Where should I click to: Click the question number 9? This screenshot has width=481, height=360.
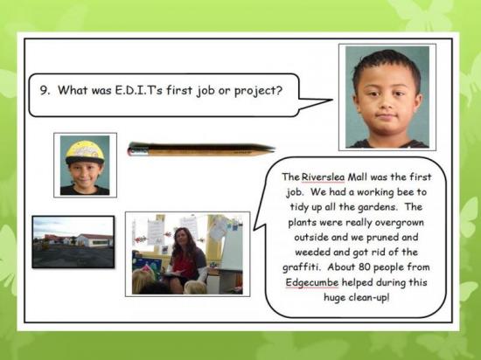tap(45, 90)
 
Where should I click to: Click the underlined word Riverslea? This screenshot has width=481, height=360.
tap(323, 177)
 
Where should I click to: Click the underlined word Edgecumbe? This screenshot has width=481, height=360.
tap(312, 282)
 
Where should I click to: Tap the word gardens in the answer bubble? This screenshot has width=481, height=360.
tap(377, 207)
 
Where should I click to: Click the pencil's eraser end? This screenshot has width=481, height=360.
tap(135, 150)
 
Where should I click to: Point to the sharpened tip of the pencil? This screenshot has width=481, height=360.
tap(272, 149)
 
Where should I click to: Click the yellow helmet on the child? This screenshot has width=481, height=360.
tap(85, 152)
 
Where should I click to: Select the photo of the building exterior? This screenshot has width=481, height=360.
tap(73, 242)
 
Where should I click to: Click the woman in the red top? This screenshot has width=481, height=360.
tap(186, 260)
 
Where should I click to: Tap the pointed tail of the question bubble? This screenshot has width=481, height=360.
tap(331, 100)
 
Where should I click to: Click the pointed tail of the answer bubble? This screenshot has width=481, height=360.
tap(254, 228)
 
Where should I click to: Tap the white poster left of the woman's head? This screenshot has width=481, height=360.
tap(156, 232)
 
